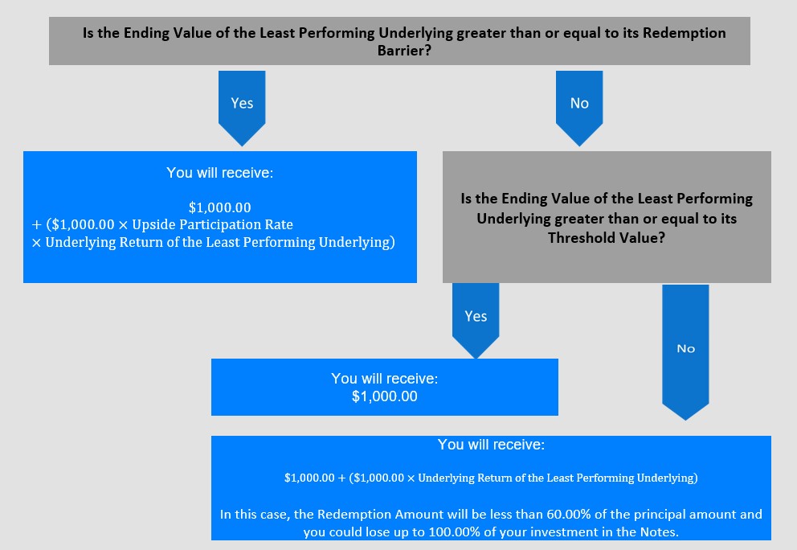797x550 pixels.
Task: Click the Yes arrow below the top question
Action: (242, 108)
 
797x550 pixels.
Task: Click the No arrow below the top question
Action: (579, 108)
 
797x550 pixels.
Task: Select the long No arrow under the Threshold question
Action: (685, 352)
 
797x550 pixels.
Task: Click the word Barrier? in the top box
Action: (404, 51)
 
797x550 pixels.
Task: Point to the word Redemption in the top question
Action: (685, 33)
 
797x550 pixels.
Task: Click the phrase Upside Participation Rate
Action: (212, 225)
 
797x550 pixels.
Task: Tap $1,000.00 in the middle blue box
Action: (385, 396)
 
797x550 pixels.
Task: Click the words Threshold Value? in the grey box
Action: (607, 237)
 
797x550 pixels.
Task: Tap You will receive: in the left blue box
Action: (219, 173)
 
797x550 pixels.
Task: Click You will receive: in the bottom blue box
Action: (491, 445)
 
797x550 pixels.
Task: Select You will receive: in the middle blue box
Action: (385, 379)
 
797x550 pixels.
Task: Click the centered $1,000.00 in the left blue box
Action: (219, 207)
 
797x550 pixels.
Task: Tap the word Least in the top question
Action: (277, 33)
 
